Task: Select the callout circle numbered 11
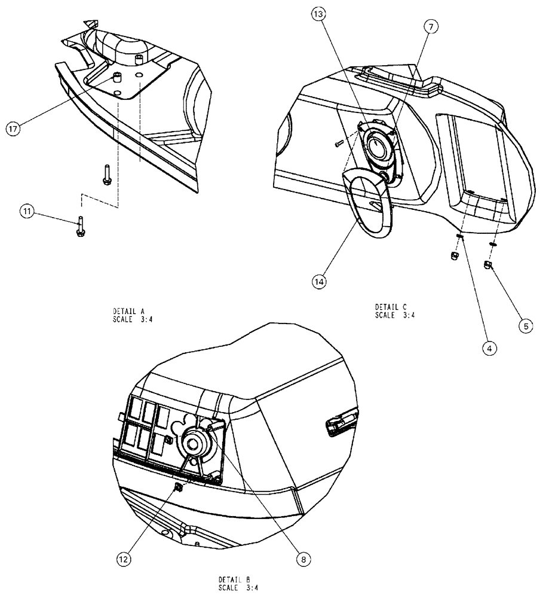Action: tap(26, 211)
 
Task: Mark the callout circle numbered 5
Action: tap(525, 327)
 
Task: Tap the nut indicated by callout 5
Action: tap(487, 265)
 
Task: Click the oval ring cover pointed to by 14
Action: tap(365, 206)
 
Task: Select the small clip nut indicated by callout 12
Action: tap(177, 489)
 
